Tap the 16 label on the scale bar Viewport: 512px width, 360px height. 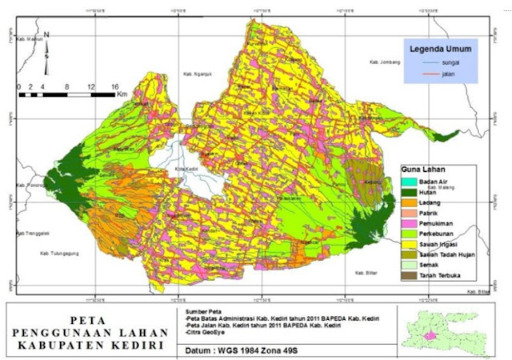click(114, 86)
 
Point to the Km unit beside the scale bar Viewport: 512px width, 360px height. click(122, 94)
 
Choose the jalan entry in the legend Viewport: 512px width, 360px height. click(448, 73)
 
